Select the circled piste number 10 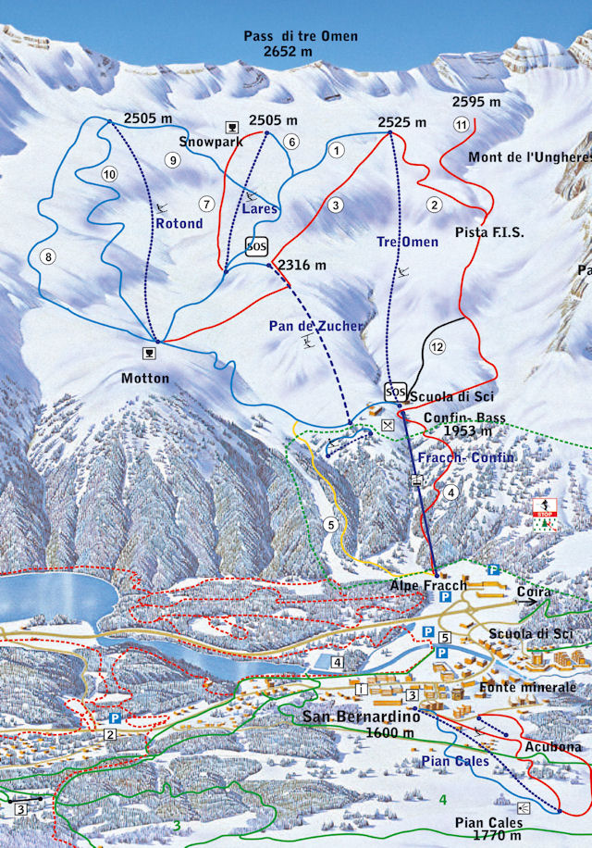110,174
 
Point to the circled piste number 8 49,256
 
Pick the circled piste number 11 461,125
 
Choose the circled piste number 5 330,524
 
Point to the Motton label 145,378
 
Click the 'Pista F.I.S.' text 489,233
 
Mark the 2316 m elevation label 302,266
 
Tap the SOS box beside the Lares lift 256,246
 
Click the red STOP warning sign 544,507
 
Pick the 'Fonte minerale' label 528,688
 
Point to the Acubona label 552,746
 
